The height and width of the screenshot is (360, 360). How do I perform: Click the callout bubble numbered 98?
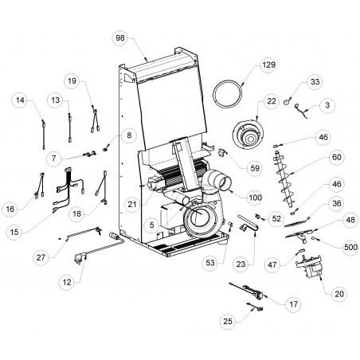pos(120,38)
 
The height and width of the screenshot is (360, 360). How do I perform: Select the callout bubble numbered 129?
pos(268,65)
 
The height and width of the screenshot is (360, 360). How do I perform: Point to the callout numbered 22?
pos(272,101)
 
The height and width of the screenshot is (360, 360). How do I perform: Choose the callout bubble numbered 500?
pos(350,248)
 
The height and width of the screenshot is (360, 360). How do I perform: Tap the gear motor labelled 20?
pos(309,267)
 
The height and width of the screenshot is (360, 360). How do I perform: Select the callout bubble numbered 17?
pos(293,304)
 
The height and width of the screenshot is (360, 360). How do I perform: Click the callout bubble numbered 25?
pos(228,322)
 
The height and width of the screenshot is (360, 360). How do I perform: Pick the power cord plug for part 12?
pos(80,258)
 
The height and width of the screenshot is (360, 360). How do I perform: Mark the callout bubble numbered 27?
pos(41,257)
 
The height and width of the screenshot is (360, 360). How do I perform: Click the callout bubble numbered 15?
pos(14,233)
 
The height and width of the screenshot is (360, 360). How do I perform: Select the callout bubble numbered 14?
pos(20,100)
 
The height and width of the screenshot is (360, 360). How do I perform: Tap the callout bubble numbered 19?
pos(72,81)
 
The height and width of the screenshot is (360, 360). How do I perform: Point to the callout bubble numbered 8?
pos(129,135)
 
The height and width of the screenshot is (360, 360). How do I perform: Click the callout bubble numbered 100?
pos(255,198)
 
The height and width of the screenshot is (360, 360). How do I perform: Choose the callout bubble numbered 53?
pos(210,263)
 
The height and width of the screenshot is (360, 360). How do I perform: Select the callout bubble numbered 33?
pos(315,82)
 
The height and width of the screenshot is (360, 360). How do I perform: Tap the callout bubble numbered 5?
pos(151,225)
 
